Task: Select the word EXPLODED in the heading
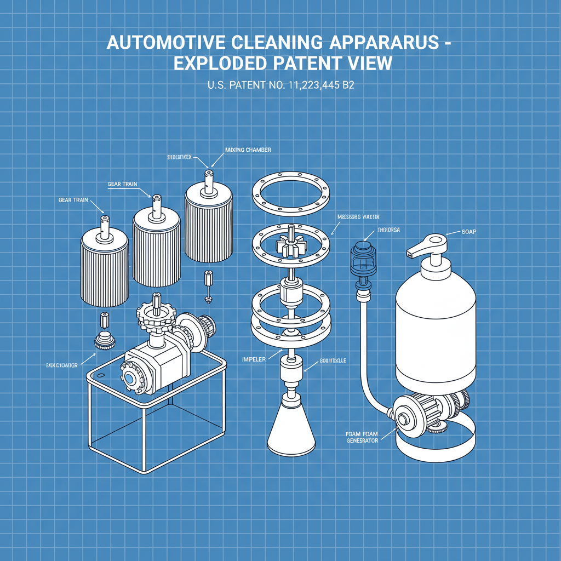[x=221, y=64]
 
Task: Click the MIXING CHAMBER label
[x=248, y=150]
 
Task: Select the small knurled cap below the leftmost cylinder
[x=105, y=341]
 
